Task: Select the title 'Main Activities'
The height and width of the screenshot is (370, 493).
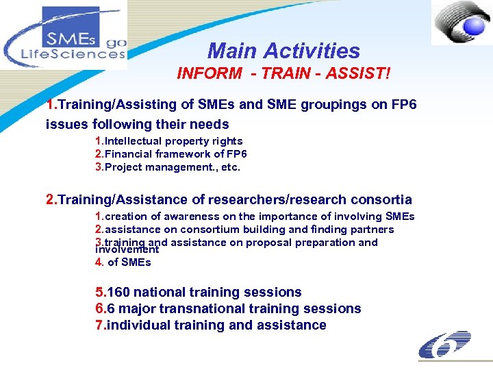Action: click(283, 51)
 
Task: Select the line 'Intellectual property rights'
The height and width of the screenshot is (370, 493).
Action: click(173, 141)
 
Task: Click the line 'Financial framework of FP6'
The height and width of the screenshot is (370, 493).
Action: click(175, 154)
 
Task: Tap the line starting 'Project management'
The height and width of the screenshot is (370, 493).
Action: click(172, 167)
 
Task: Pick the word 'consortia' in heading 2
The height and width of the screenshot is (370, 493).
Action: click(381, 199)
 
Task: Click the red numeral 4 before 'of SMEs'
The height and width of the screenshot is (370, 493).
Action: click(98, 262)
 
